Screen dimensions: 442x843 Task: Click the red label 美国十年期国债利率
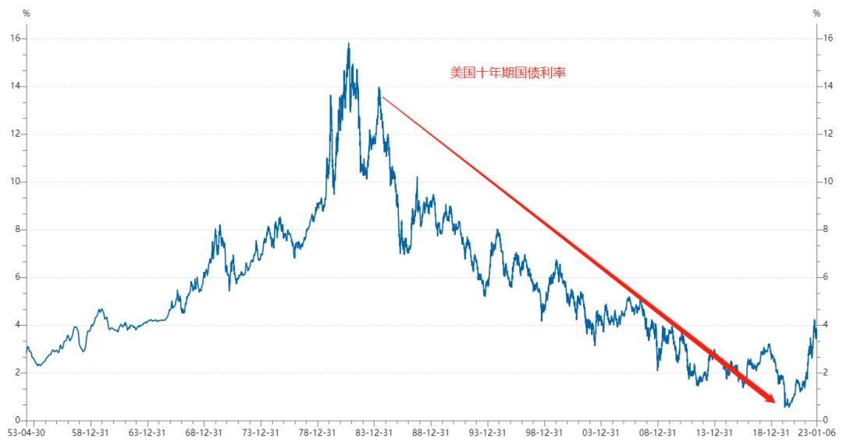507,73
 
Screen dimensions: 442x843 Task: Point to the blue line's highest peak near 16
348,44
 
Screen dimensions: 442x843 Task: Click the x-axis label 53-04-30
26,432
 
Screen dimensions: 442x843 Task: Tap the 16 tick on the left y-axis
15,38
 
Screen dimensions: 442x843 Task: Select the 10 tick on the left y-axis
15,181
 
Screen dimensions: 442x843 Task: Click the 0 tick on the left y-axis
17,419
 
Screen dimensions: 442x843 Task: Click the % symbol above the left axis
26,13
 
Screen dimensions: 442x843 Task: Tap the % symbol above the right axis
816,13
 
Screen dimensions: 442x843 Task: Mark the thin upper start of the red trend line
382,98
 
